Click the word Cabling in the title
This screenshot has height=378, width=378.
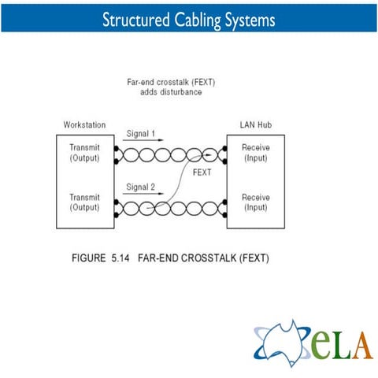tap(198, 20)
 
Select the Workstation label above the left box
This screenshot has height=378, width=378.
tap(84, 124)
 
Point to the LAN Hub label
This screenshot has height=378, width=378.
tap(256, 124)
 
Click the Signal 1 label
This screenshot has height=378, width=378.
tap(141, 134)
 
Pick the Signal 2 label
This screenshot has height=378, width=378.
tap(141, 187)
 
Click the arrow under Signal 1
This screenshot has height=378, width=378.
tap(143, 140)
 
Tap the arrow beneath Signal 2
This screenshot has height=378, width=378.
tap(143, 194)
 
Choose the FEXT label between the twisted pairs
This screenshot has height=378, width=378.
tap(202, 172)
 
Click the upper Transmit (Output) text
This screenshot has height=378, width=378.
tap(84, 153)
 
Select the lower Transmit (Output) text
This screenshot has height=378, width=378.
tap(84, 202)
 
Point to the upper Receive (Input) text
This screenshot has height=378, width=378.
tap(256, 153)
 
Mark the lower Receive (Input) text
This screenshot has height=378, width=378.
tap(256, 202)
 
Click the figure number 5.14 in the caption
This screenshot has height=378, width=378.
tap(120, 258)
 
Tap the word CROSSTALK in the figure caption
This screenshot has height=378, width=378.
tap(209, 258)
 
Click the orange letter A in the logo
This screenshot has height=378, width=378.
tap(363, 346)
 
